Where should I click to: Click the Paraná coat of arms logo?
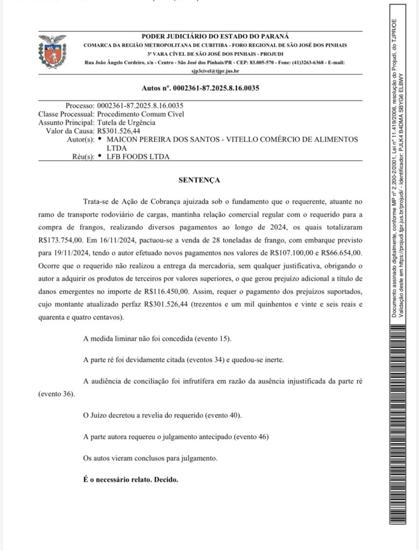(x=52, y=52)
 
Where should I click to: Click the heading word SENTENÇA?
(x=199, y=180)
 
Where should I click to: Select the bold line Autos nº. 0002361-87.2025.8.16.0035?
(x=200, y=88)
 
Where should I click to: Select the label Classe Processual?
(x=66, y=114)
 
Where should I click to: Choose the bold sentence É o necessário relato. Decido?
(x=131, y=478)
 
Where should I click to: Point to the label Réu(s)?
(x=79, y=157)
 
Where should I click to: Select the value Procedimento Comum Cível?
(x=140, y=114)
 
